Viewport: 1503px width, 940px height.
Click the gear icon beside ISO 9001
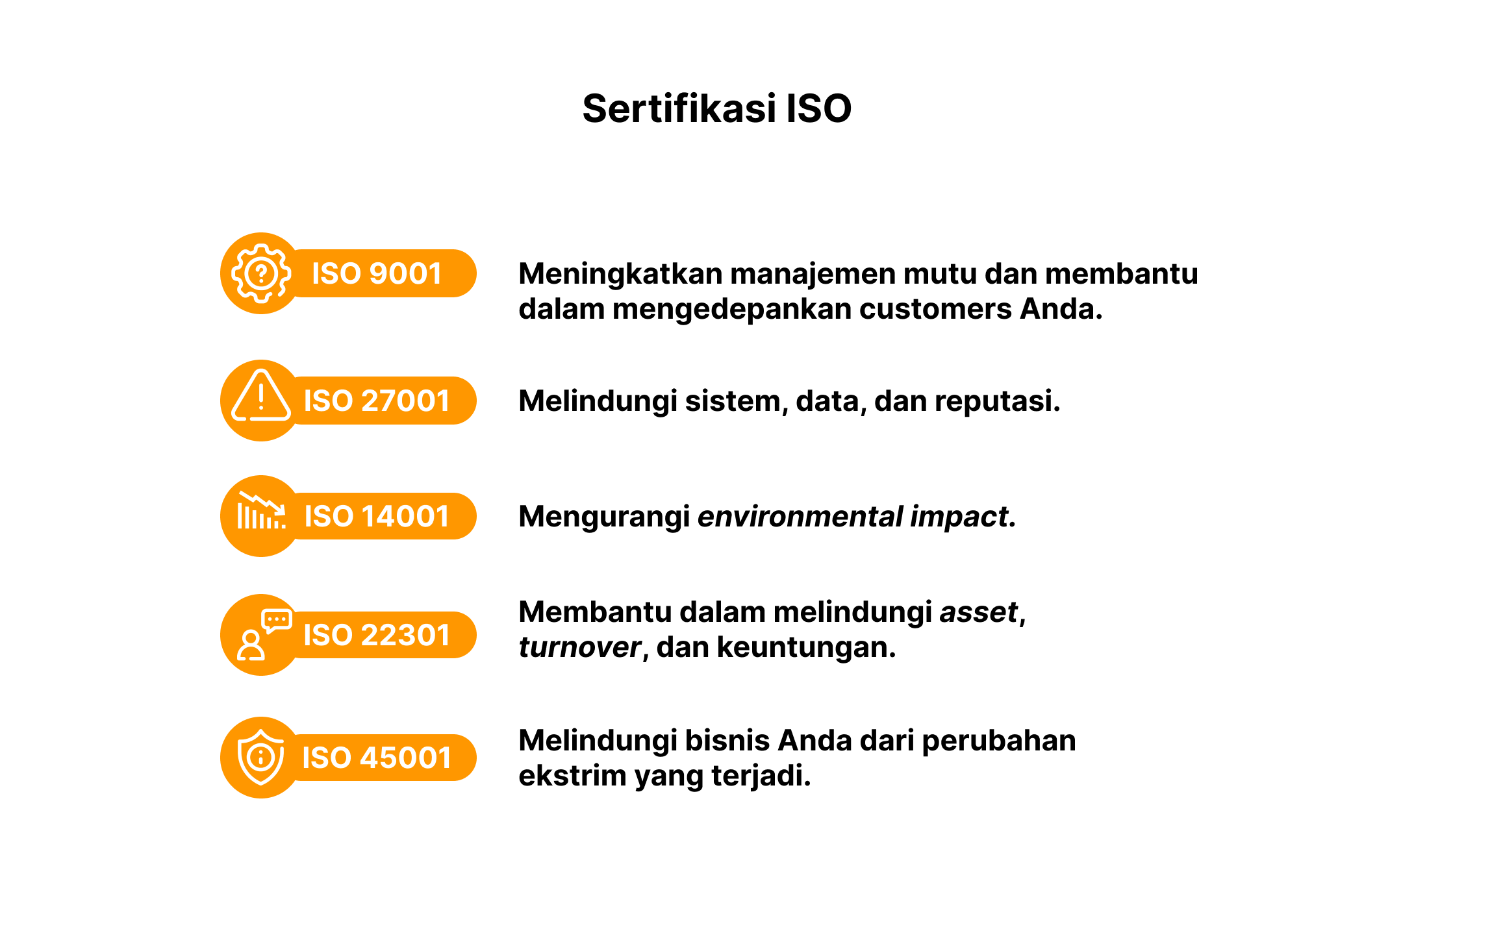[261, 273]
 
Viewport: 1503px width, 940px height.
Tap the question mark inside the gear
[261, 273]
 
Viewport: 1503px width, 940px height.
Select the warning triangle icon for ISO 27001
[261, 396]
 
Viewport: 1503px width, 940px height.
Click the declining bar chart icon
[261, 512]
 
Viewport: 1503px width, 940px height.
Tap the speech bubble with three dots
[277, 620]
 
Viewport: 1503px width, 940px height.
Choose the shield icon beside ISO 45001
[261, 757]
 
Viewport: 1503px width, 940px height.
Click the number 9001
[405, 273]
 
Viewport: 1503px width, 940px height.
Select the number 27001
[405, 401]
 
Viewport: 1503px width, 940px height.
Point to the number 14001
[405, 516]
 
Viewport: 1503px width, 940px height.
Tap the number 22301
[405, 635]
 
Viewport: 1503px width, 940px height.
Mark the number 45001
[405, 758]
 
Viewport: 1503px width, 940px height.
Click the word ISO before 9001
[336, 273]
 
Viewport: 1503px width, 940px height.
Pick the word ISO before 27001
[328, 401]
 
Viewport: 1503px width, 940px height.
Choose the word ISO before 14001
[329, 516]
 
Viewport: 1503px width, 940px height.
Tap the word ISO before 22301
[327, 635]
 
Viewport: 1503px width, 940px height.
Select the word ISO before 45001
[326, 758]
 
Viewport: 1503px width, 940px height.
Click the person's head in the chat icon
[251, 638]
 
